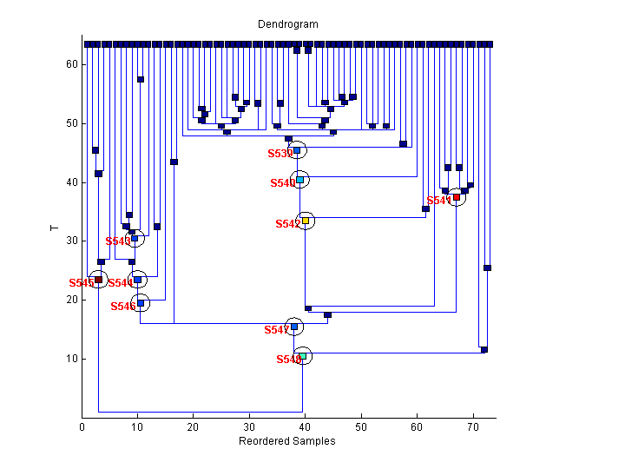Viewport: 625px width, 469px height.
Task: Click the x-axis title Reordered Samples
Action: point(286,441)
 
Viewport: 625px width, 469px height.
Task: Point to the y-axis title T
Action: point(54,228)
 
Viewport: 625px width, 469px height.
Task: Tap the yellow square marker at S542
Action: point(305,221)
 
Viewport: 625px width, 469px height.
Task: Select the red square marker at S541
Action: point(457,197)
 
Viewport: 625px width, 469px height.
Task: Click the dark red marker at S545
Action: point(98,280)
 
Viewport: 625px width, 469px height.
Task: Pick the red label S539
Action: point(279,154)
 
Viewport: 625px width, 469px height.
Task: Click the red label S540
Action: point(282,183)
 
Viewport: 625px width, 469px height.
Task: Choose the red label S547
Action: point(276,330)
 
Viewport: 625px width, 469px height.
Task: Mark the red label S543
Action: point(117,241)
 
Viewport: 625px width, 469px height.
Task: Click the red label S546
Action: point(122,306)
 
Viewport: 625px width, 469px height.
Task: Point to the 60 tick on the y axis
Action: point(73,64)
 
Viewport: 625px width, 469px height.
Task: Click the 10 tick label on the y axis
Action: point(73,359)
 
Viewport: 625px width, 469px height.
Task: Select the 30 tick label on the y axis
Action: point(73,241)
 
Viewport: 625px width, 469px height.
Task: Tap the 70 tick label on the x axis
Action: point(472,427)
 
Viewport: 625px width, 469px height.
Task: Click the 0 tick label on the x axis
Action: point(82,427)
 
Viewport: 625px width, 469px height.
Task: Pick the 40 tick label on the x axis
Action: point(306,427)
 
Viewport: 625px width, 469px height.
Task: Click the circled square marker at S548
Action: point(302,356)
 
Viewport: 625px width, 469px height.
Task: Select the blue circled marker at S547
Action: point(294,327)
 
